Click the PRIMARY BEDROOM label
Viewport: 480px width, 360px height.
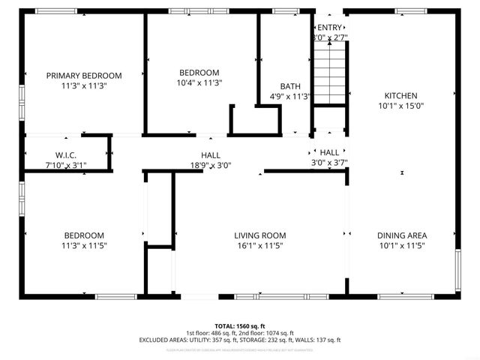click(x=84, y=75)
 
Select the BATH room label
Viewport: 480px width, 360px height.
click(x=290, y=86)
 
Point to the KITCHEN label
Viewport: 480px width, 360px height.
click(x=401, y=95)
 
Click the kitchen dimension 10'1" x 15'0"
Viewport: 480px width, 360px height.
click(x=401, y=106)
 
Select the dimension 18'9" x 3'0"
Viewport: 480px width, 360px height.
click(x=210, y=165)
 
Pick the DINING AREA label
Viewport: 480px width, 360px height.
click(x=401, y=235)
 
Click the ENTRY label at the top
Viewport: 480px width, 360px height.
click(x=328, y=28)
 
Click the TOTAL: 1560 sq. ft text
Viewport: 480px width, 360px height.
click(x=240, y=326)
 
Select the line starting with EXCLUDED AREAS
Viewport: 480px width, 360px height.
click(x=240, y=340)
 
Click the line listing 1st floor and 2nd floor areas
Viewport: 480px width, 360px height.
click(x=240, y=333)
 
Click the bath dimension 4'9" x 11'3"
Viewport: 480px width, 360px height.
click(x=290, y=96)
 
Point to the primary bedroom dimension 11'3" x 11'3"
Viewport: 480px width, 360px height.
click(x=84, y=85)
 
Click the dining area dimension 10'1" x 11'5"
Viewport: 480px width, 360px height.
click(x=401, y=245)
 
